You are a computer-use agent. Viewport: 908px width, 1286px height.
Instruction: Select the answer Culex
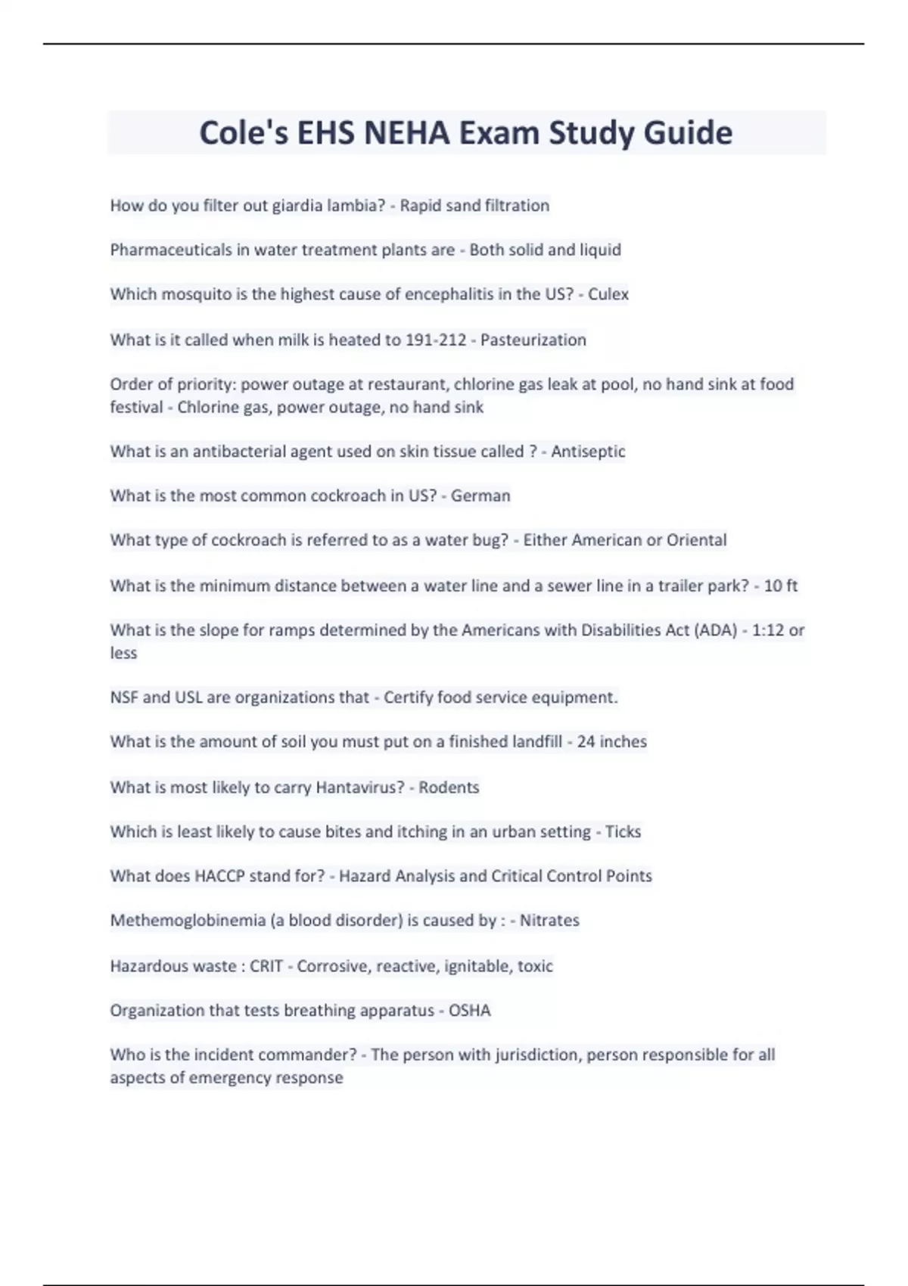coord(608,294)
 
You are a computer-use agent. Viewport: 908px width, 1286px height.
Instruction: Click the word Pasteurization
coord(533,340)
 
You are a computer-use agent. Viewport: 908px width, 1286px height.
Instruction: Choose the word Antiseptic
coord(588,452)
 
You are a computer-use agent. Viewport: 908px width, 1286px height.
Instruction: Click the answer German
coord(480,495)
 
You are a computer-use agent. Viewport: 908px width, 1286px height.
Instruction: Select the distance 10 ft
coord(781,586)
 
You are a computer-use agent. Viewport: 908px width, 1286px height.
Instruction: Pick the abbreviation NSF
coord(124,697)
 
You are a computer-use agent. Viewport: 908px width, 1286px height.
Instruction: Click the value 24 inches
coord(611,742)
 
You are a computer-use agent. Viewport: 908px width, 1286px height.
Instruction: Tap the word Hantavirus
coord(359,787)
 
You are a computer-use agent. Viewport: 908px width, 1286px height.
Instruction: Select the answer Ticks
coord(623,832)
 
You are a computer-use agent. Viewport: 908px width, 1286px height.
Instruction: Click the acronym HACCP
coord(219,876)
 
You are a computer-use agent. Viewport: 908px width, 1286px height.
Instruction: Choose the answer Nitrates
coord(549,921)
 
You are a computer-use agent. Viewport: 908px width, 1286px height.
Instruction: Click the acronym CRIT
coord(266,966)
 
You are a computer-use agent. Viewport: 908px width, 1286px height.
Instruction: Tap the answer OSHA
coord(469,1011)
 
